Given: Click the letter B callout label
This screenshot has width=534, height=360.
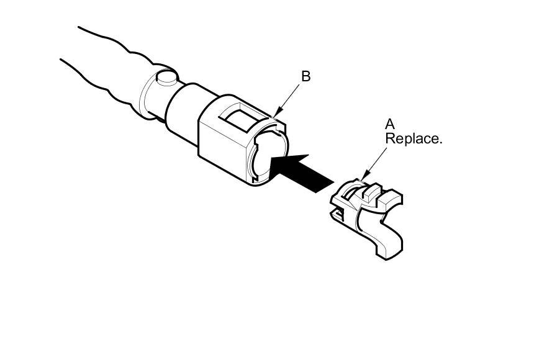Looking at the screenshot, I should (x=305, y=76).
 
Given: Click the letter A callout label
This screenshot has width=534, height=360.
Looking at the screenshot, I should (x=390, y=124).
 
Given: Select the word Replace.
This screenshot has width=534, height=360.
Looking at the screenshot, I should (x=414, y=138).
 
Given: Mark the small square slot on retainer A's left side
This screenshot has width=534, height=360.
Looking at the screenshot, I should (x=339, y=214).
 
